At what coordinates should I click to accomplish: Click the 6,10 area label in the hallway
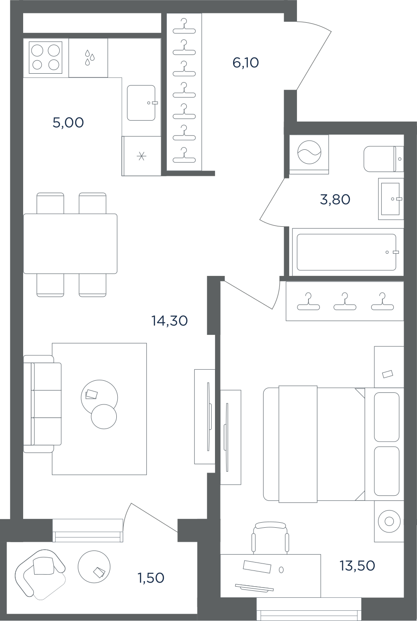(246, 63)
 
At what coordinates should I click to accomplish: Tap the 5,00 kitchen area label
(68, 122)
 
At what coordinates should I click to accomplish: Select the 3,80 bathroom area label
(335, 199)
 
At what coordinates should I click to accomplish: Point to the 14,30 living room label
(170, 321)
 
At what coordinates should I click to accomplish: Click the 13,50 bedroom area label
(358, 565)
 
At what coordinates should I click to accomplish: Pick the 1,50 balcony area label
(151, 578)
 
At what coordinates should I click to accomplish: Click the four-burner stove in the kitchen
(45, 58)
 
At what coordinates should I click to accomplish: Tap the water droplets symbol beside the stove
(90, 58)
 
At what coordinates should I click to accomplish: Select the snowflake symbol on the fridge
(141, 156)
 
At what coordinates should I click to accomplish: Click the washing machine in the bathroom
(309, 154)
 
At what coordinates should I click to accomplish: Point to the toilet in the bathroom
(384, 159)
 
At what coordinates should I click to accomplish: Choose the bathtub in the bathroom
(348, 252)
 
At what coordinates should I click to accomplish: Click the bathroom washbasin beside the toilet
(391, 199)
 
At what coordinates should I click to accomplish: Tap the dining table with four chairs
(70, 243)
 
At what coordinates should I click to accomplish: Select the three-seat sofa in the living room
(42, 404)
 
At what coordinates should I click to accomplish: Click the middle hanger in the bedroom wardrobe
(345, 301)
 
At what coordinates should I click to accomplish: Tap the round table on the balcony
(94, 567)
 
